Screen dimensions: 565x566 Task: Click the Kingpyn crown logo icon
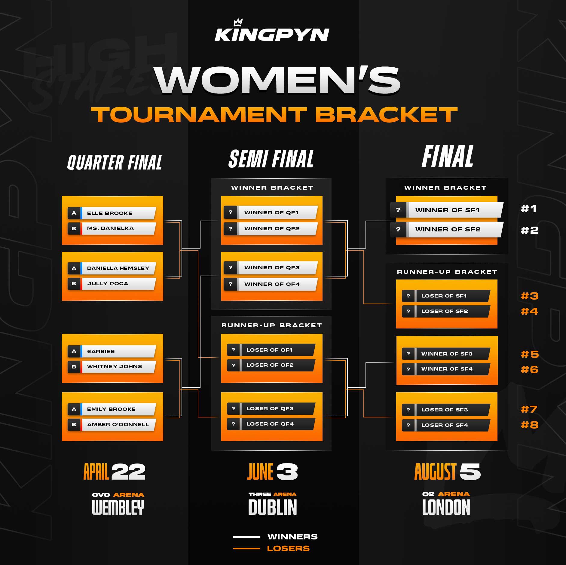[238, 23]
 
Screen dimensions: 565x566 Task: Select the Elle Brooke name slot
[118, 213]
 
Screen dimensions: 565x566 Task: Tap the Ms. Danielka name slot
[118, 228]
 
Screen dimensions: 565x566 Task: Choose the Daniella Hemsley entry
[118, 268]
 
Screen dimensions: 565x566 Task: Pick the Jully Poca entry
[118, 284]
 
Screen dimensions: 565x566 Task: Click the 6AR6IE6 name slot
[118, 351]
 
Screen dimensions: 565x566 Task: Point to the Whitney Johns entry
[118, 367]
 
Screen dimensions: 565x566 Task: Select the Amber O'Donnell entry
[118, 425]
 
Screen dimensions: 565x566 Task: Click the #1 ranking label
[528, 209]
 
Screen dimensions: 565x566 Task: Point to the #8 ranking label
[529, 425]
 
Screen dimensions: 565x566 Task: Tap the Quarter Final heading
[115, 163]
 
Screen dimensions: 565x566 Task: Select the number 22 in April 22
[128, 472]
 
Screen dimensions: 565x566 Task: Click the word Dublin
[272, 508]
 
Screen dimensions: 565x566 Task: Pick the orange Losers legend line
[246, 548]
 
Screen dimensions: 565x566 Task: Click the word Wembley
[118, 508]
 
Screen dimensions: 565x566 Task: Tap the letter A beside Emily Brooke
[74, 409]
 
